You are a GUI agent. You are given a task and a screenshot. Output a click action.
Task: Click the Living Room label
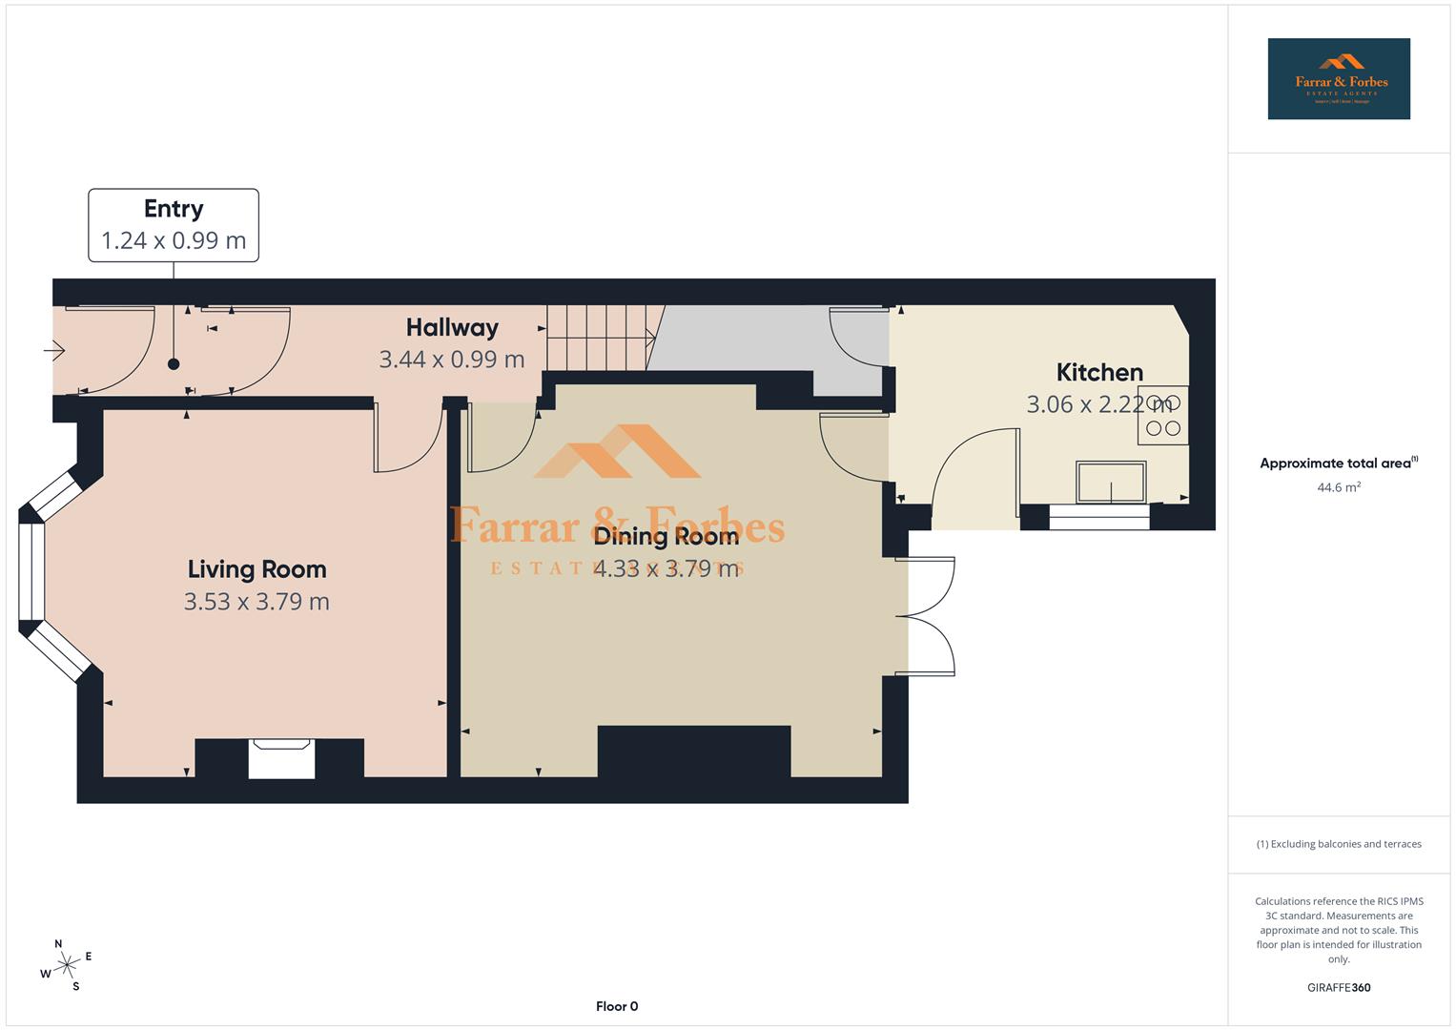point(256,569)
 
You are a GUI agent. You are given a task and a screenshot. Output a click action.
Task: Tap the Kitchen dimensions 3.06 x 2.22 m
point(1098,404)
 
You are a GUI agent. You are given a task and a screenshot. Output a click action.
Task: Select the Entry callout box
point(174,225)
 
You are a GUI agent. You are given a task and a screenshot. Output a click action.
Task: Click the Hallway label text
point(452,328)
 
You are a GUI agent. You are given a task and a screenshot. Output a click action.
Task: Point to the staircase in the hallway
point(598,338)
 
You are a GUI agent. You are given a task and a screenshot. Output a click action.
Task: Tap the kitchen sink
point(1111,482)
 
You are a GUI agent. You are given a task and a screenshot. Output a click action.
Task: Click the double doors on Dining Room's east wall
point(930,617)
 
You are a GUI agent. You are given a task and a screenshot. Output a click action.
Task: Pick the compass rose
point(66,965)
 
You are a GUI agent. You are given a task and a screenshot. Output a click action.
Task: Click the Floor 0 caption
point(617,1006)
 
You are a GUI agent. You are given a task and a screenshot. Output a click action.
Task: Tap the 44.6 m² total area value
point(1339,487)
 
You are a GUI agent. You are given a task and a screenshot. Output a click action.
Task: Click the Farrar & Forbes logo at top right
point(1339,78)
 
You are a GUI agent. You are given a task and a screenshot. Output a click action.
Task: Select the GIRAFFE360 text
point(1339,987)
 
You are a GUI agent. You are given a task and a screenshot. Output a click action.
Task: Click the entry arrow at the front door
point(54,352)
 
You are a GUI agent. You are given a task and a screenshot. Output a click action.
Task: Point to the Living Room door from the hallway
point(410,439)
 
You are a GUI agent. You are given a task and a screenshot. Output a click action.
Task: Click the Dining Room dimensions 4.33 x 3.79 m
point(666,569)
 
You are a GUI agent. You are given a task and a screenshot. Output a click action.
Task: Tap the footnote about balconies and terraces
point(1339,844)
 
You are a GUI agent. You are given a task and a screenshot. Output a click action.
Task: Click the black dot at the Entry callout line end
point(174,363)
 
